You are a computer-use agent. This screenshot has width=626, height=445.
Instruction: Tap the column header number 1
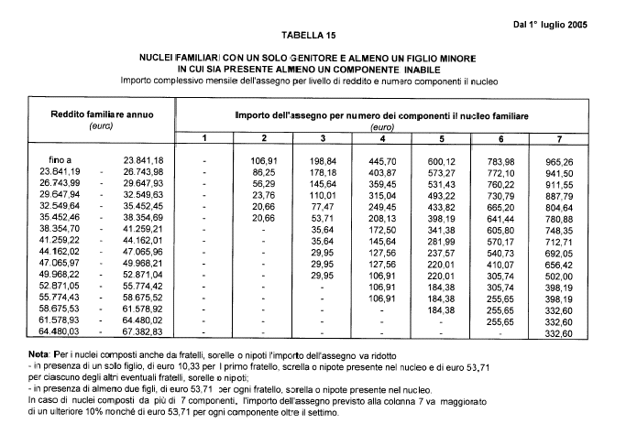click(x=205, y=137)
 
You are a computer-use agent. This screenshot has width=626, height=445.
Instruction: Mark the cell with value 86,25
click(x=264, y=171)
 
